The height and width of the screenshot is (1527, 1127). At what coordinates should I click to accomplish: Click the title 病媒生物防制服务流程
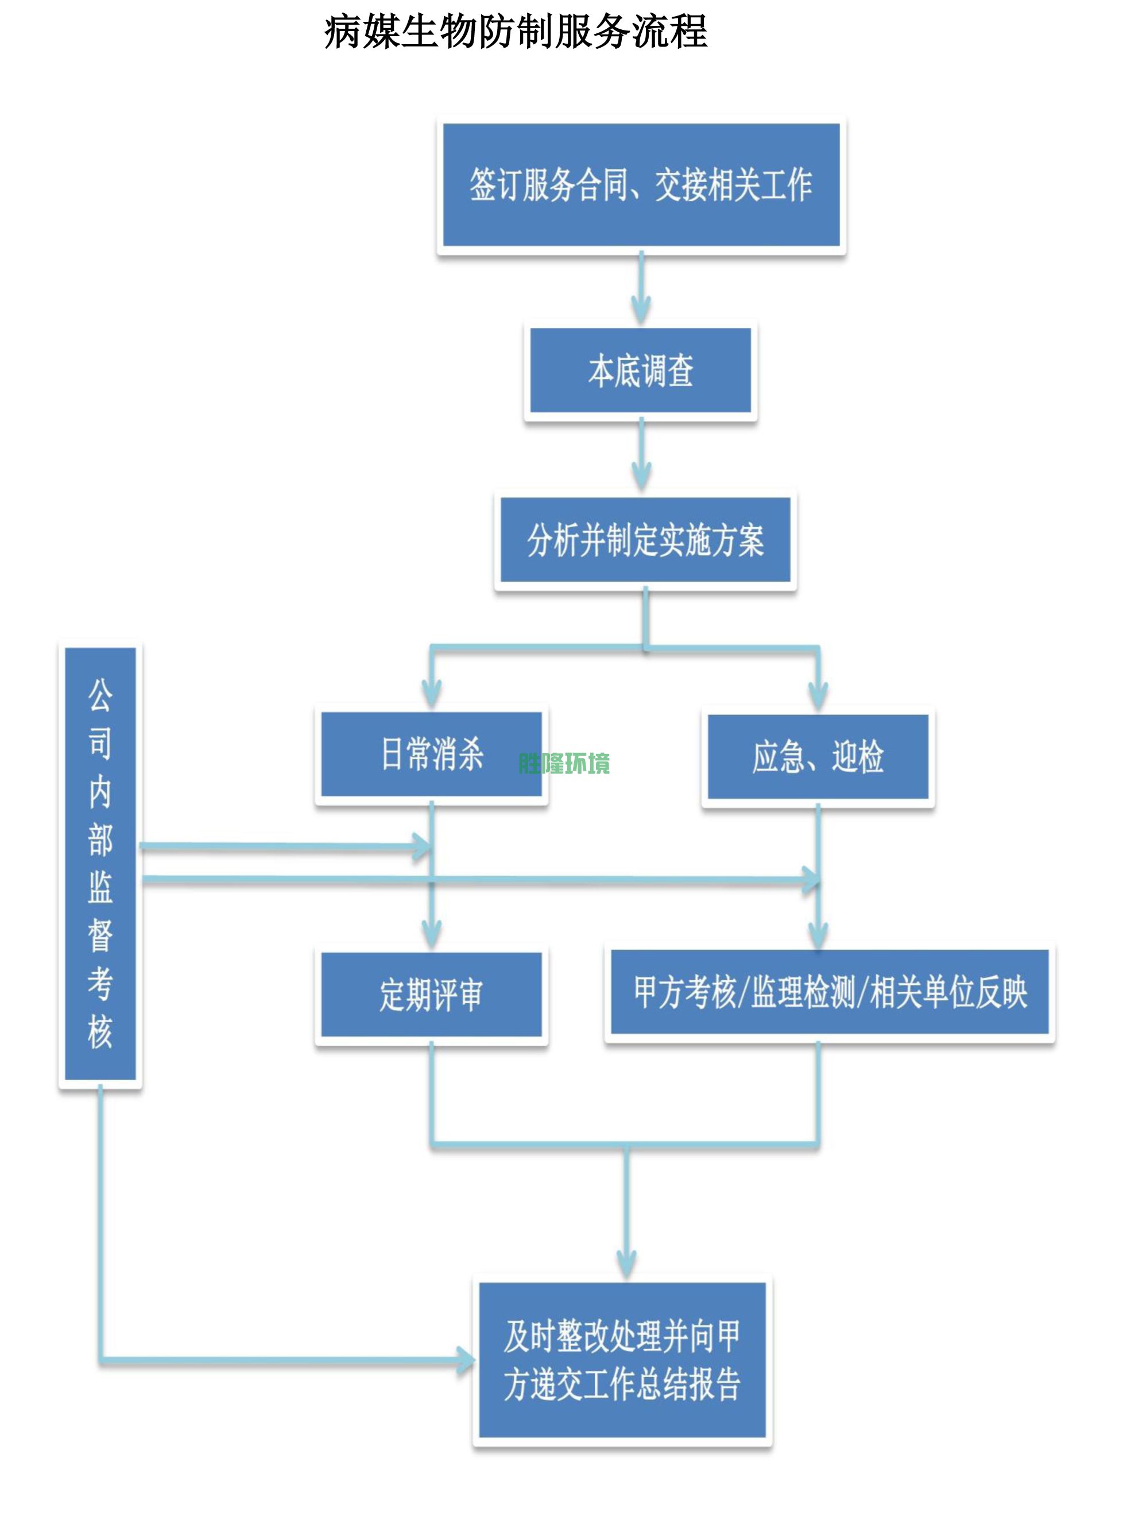pos(516,32)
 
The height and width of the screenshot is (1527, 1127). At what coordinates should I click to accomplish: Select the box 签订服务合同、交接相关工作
pos(641,185)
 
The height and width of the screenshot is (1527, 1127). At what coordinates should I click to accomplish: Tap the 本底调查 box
pos(641,370)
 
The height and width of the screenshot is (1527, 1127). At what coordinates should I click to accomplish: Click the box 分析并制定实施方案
pos(645,540)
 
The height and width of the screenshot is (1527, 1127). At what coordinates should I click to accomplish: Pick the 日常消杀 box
pos(431,755)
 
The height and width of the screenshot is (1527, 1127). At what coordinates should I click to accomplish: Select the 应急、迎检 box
pos(818,757)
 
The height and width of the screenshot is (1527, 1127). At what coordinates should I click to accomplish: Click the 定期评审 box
pos(431,995)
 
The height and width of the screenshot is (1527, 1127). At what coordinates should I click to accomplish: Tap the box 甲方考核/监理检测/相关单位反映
pos(830,992)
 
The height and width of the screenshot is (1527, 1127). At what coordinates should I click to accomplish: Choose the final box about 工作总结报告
pos(622,1360)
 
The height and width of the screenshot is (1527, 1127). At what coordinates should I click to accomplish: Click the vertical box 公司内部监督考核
pos(100,863)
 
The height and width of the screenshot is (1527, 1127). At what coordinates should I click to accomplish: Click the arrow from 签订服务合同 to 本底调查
pos(641,290)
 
